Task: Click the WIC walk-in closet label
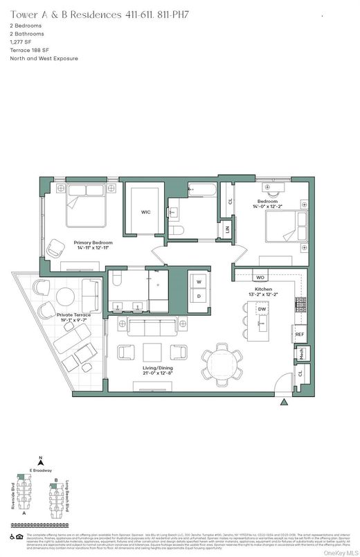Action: pos(145,212)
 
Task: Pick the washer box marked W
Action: pos(199,282)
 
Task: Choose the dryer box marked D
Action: pos(199,297)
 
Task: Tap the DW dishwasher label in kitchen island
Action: pos(262,310)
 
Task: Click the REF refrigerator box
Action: pos(300,335)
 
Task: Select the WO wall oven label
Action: pos(260,278)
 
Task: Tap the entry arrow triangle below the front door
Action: pos(282,401)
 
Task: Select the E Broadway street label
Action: pos(42,471)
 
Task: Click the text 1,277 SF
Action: pos(21,42)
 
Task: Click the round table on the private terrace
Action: pos(66,296)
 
